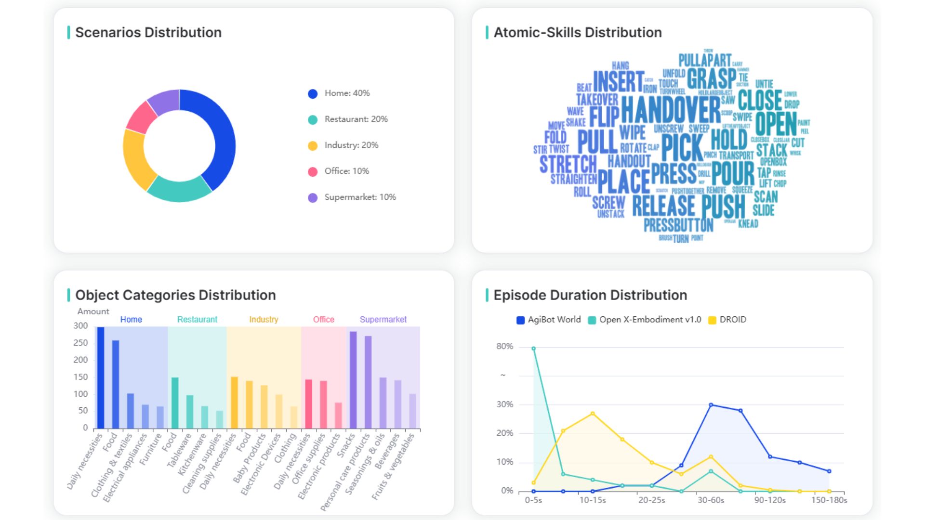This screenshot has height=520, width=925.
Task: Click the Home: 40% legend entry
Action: [x=346, y=93]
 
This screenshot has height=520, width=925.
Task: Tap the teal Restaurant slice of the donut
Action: [x=179, y=190]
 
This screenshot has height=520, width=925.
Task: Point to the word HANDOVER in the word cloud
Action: [x=670, y=110]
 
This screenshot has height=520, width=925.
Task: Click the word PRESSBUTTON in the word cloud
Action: [x=678, y=225]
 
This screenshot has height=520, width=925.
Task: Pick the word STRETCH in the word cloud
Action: [x=568, y=164]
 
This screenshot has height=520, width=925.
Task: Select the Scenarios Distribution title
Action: [x=148, y=32]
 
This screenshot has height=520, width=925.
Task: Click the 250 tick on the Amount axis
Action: [x=80, y=343]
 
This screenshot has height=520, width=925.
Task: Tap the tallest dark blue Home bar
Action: [x=101, y=377]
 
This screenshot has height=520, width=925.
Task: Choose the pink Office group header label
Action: [x=323, y=320]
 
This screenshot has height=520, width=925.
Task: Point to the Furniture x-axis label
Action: [x=150, y=449]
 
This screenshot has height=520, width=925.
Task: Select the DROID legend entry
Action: [x=732, y=320]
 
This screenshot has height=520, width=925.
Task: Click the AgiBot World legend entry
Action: [x=554, y=320]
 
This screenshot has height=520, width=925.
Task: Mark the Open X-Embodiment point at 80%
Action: [x=533, y=349]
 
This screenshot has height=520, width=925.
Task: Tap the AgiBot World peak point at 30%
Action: [x=711, y=405]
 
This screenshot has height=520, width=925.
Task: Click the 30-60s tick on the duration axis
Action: [x=711, y=500]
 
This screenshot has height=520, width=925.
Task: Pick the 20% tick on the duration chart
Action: [x=504, y=433]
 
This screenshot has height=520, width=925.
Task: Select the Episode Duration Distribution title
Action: [x=590, y=295]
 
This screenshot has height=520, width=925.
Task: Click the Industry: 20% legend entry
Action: [x=351, y=145]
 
